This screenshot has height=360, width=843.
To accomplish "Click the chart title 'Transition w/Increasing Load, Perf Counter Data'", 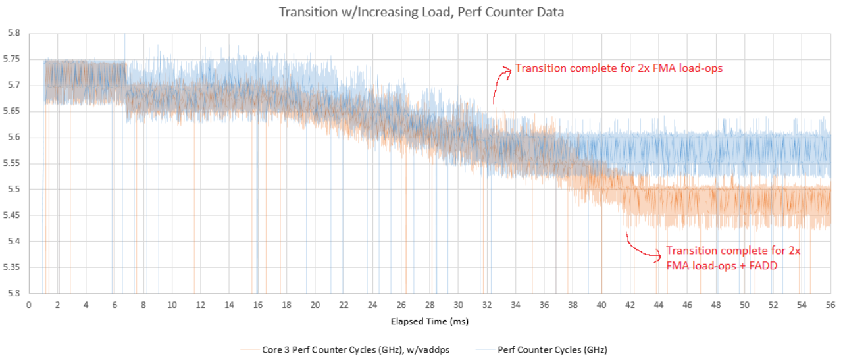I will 421,13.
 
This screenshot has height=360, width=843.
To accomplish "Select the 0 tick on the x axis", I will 29,305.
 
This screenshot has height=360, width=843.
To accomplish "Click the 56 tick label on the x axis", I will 830,305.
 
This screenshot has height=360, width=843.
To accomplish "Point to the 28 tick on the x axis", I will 430,305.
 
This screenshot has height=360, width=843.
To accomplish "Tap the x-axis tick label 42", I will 630,305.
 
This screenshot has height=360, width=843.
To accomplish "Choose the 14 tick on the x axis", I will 229,305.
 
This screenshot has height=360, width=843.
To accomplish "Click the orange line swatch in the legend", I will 249,349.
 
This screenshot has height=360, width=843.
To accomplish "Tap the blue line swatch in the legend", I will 483,349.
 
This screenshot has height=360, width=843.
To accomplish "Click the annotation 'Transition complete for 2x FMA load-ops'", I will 619,68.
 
